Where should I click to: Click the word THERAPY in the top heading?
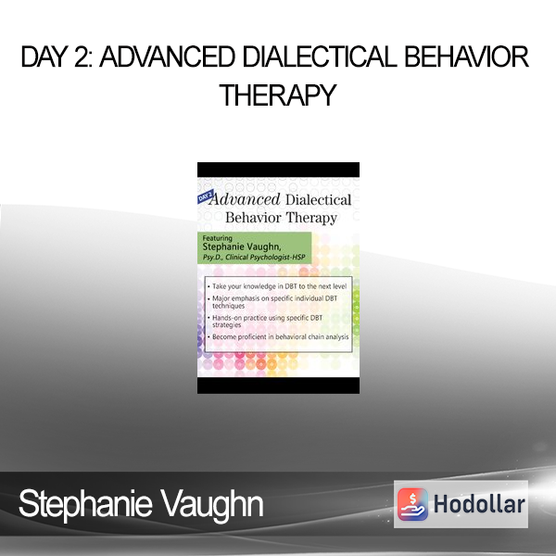[x=278, y=95]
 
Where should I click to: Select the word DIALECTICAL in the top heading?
[x=320, y=57]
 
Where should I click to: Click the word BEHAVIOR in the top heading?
[x=467, y=57]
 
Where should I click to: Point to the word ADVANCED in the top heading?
[x=167, y=57]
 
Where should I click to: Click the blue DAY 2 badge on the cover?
[x=205, y=196]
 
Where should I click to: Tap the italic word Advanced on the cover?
[x=245, y=199]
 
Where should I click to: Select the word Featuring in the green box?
[x=217, y=238]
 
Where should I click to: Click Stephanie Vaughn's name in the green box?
[x=242, y=246]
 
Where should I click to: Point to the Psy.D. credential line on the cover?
[x=254, y=258]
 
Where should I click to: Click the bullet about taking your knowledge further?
[x=277, y=286]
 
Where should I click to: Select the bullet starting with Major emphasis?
[x=272, y=302]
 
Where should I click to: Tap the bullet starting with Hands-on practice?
[x=265, y=322]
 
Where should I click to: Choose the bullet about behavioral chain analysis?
[x=278, y=337]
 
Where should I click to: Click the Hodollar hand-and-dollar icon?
[x=412, y=504]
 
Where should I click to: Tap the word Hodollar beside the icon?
[x=479, y=504]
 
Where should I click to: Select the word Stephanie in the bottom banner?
[x=85, y=503]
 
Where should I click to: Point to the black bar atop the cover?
[x=278, y=170]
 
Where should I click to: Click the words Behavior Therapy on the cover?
[x=281, y=218]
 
